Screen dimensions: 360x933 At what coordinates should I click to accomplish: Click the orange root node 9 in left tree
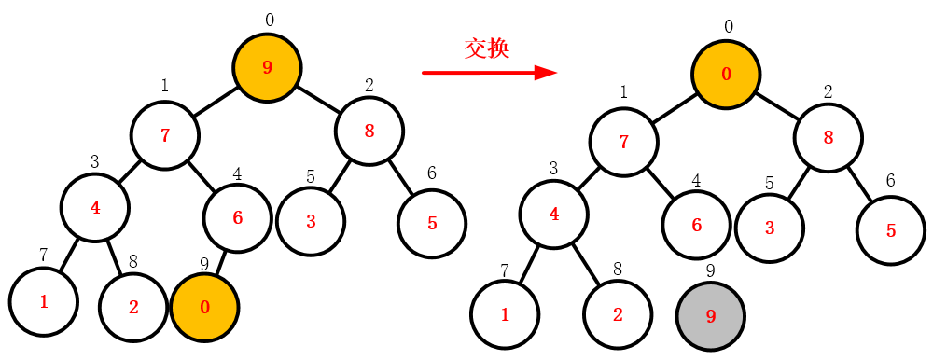[x=267, y=67]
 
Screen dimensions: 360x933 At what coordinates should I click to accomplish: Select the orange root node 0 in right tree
[x=727, y=74]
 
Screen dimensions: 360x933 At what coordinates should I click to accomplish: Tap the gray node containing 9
[x=711, y=317]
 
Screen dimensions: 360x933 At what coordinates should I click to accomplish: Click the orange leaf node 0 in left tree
[x=205, y=307]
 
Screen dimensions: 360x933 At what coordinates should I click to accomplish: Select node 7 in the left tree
[x=165, y=135]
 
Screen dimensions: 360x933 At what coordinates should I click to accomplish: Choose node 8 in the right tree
[x=829, y=137]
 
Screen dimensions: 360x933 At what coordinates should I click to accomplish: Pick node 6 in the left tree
[x=237, y=218]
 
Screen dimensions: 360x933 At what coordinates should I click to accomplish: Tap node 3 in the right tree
[x=770, y=228]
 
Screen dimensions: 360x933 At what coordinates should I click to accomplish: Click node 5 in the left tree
[x=431, y=224]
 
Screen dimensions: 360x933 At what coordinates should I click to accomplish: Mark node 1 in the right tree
[x=505, y=314]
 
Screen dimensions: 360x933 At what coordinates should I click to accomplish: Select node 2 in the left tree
[x=133, y=307]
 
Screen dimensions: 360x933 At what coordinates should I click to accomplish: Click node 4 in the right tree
[x=554, y=214]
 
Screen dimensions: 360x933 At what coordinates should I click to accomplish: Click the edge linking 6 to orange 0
[x=222, y=262]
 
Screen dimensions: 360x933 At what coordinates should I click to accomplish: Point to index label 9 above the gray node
[x=711, y=271]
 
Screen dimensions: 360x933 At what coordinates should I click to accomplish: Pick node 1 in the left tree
[x=43, y=301]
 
